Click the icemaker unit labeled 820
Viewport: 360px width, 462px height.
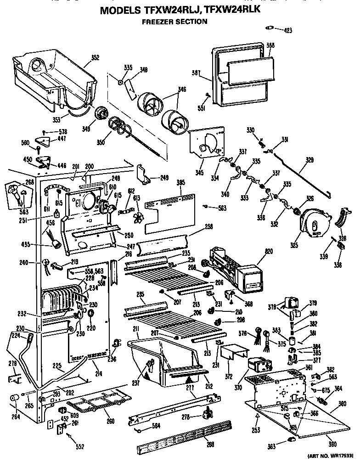tap(234, 266)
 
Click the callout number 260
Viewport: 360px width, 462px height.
tap(110, 422)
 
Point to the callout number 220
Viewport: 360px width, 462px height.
tap(90, 329)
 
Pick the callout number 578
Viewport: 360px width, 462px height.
tap(62, 132)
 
